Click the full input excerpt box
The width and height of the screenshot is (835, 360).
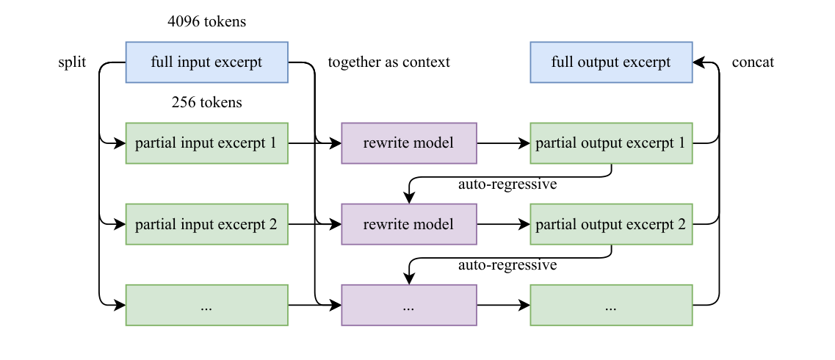pos(206,62)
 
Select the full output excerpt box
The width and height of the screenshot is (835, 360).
pos(610,62)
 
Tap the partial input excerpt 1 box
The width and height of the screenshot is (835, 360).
pos(206,143)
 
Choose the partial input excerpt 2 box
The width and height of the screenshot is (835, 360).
pos(206,224)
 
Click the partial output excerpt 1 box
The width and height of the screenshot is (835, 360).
pos(610,143)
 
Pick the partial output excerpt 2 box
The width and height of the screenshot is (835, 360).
pos(610,224)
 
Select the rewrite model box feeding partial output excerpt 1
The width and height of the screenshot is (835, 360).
pos(409,143)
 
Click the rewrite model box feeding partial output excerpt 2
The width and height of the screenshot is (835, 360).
pos(409,224)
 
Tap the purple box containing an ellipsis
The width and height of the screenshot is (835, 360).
pos(409,305)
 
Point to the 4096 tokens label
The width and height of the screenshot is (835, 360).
pos(206,22)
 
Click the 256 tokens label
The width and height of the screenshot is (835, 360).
pos(206,103)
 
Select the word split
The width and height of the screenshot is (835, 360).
pos(72,62)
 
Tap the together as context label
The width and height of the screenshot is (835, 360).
pos(388,62)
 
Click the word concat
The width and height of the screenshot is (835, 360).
pos(753,62)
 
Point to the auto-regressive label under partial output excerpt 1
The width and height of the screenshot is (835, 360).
pos(507,184)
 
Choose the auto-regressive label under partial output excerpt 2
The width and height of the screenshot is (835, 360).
pos(507,265)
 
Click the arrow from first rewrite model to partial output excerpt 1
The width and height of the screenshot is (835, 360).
pos(503,143)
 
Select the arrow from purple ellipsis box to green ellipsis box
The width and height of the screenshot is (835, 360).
pos(503,305)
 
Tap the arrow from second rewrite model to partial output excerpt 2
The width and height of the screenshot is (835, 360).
pos(503,224)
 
